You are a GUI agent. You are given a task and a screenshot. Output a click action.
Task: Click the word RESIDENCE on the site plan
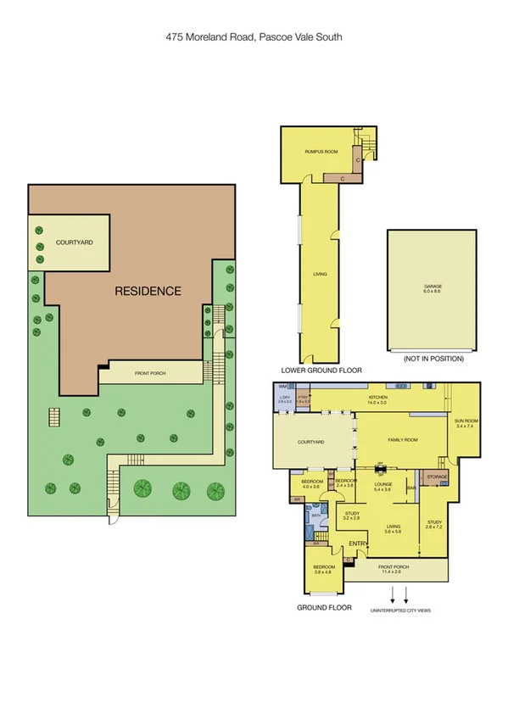click(x=148, y=291)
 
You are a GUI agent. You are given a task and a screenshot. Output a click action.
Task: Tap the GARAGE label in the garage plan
click(x=433, y=287)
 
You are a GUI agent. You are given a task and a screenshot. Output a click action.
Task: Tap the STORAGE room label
click(x=437, y=477)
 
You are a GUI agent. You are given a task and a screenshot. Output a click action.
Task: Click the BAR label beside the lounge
click(x=410, y=488)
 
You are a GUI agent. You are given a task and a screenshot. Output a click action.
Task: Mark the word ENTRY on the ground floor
click(x=358, y=543)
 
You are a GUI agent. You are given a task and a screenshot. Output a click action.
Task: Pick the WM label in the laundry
click(x=282, y=387)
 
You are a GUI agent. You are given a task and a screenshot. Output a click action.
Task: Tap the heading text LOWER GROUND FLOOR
click(x=321, y=371)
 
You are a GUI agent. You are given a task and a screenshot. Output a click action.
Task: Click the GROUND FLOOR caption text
click(x=324, y=608)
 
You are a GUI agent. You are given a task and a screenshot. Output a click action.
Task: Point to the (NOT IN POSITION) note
click(x=433, y=359)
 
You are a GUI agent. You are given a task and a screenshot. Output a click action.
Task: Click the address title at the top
click(x=254, y=37)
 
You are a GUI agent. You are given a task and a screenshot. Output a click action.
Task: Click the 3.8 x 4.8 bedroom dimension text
click(x=324, y=572)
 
